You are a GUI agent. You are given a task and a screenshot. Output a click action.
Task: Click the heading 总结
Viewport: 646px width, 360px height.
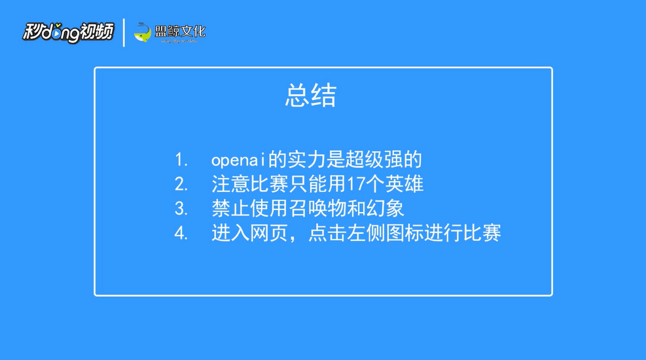pos(311,96)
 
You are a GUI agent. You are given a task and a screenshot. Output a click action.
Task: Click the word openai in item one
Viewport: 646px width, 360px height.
pos(238,160)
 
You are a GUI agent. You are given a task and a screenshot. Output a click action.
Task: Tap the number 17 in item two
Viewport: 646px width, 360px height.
pos(356,184)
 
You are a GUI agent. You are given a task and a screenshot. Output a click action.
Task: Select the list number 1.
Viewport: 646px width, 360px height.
pos(181,160)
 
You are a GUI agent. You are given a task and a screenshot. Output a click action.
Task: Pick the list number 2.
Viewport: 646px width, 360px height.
pos(181,184)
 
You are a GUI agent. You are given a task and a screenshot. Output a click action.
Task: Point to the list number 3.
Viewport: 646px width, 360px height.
pos(181,209)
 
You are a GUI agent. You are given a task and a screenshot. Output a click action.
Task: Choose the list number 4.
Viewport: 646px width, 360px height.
pos(181,234)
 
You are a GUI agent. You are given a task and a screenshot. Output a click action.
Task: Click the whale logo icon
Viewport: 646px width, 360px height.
pos(143,32)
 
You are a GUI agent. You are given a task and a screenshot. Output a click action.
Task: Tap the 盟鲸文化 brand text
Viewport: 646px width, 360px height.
pos(180,31)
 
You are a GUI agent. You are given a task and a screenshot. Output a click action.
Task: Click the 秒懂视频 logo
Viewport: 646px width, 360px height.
pos(68,32)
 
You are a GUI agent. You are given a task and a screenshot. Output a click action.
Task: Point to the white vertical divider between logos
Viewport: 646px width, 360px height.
pos(124,33)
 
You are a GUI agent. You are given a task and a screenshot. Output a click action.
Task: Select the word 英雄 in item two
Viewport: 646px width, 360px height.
pos(404,184)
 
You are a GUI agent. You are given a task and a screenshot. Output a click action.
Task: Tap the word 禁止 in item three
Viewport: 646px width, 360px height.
pos(230,208)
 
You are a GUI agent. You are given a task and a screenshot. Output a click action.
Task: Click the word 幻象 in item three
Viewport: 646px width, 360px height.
pos(386,208)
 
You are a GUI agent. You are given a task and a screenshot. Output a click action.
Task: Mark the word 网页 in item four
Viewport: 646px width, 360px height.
pos(269,233)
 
